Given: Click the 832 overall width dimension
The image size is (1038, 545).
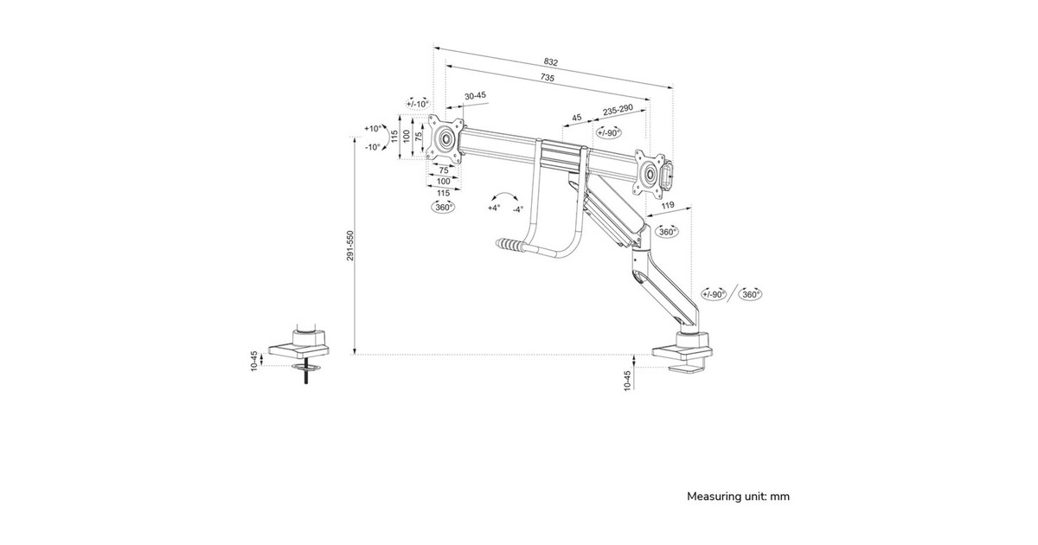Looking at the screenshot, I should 551,61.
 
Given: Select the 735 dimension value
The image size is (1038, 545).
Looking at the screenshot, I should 547,78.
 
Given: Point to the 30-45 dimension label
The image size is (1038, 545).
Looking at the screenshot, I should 475,96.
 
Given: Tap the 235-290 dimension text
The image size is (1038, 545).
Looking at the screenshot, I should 618,110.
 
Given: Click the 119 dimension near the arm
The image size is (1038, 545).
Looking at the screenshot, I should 668,206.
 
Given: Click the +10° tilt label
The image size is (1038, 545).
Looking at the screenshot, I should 374,128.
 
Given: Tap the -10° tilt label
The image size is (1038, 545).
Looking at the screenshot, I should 373,147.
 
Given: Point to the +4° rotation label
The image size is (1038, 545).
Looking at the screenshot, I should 493,208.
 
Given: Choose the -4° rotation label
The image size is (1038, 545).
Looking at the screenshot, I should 517,208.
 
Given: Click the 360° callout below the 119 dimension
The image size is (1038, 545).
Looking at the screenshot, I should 667,232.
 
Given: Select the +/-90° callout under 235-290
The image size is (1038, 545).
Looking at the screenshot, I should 608,132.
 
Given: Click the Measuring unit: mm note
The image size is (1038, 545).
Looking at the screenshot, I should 738,497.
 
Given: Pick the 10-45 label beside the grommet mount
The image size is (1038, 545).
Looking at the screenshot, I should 254,362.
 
